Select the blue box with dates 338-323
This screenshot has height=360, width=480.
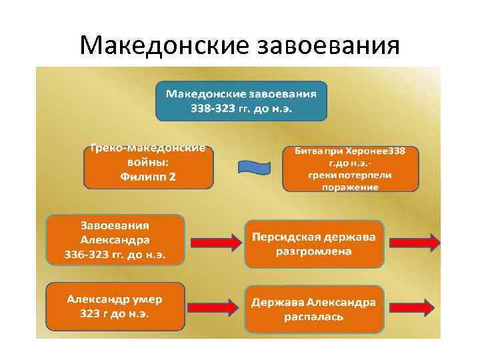pos(241,100)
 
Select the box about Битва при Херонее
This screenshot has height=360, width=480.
pos(350,169)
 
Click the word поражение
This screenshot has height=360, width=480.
pos(350,187)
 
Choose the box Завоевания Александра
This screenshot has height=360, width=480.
pos(115,239)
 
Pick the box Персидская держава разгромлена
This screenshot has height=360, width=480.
pos(313,243)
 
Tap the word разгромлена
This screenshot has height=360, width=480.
pos(313,252)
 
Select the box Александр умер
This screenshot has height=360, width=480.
pos(115,305)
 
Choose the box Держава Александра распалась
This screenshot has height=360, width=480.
pos(313,309)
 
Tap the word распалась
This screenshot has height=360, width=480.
pos(313,317)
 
